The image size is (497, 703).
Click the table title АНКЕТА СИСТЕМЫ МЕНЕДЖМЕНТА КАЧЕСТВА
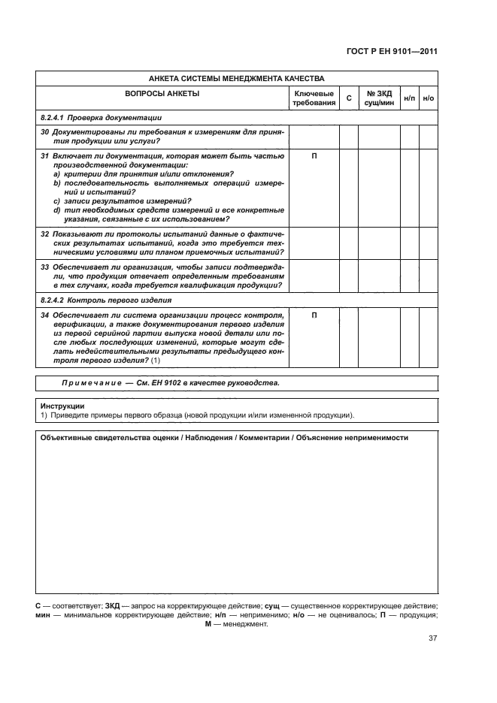tap(236, 78)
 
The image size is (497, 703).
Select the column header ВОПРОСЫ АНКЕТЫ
tap(162, 94)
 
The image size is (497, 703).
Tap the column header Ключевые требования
tap(314, 98)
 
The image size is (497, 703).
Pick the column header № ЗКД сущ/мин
tap(378, 98)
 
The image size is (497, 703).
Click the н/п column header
tap(409, 98)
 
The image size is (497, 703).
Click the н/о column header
tap(429, 98)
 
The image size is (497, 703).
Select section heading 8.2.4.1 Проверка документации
tap(101, 118)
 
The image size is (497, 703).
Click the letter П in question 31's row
tap(314, 156)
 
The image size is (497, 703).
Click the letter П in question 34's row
tap(314, 315)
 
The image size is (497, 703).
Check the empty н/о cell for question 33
tap(429, 276)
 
